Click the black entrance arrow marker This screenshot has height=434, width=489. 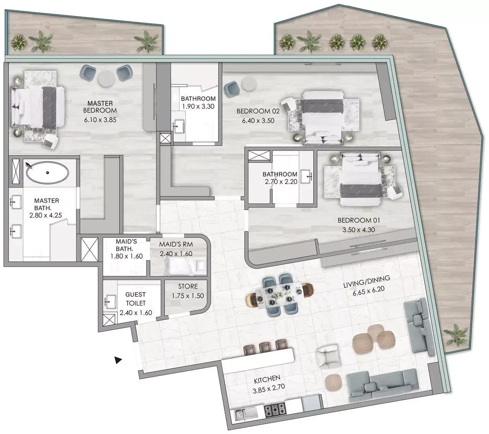118,360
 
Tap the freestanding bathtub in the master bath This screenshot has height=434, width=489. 47,173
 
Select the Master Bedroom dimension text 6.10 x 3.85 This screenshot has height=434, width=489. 100,120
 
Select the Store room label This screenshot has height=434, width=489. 188,286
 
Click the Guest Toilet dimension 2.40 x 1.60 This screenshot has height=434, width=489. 136,313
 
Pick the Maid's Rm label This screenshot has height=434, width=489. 176,243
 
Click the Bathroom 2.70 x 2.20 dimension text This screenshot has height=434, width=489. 281,182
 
